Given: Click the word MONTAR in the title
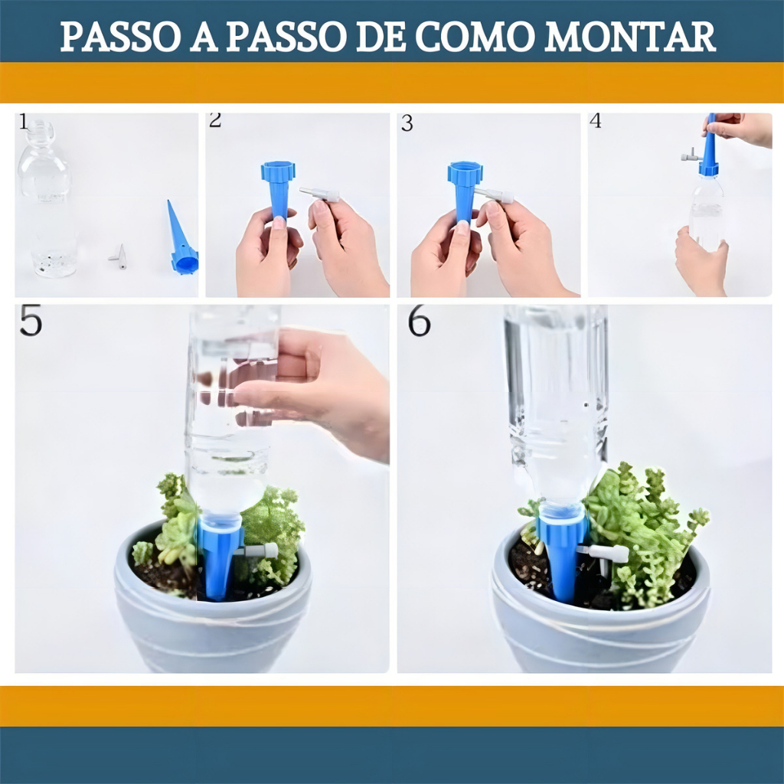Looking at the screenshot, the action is (x=629, y=37).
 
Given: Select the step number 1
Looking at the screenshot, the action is (x=23, y=122).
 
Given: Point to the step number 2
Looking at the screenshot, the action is (x=215, y=120).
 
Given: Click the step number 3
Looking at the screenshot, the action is (x=407, y=123).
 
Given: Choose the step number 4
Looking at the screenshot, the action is (x=596, y=121).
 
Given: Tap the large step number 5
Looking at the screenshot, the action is (x=31, y=321).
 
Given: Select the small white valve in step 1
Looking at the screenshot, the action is (x=119, y=256).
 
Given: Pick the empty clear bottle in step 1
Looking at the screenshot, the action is (x=47, y=198).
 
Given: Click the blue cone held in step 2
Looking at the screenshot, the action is (x=279, y=190).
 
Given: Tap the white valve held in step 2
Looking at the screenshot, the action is (x=319, y=194).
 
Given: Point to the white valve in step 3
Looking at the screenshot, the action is (x=494, y=195).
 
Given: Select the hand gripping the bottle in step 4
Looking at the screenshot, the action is (x=701, y=260).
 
